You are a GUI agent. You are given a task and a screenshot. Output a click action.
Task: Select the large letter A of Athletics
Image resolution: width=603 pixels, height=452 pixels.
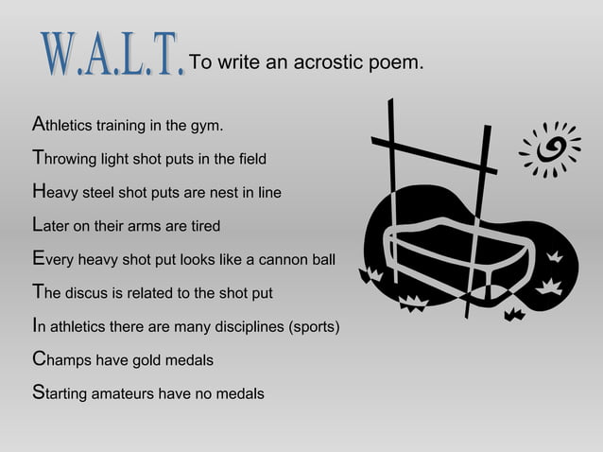tap(38, 124)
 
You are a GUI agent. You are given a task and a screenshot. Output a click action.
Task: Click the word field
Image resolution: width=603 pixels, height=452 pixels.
tap(250, 158)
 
